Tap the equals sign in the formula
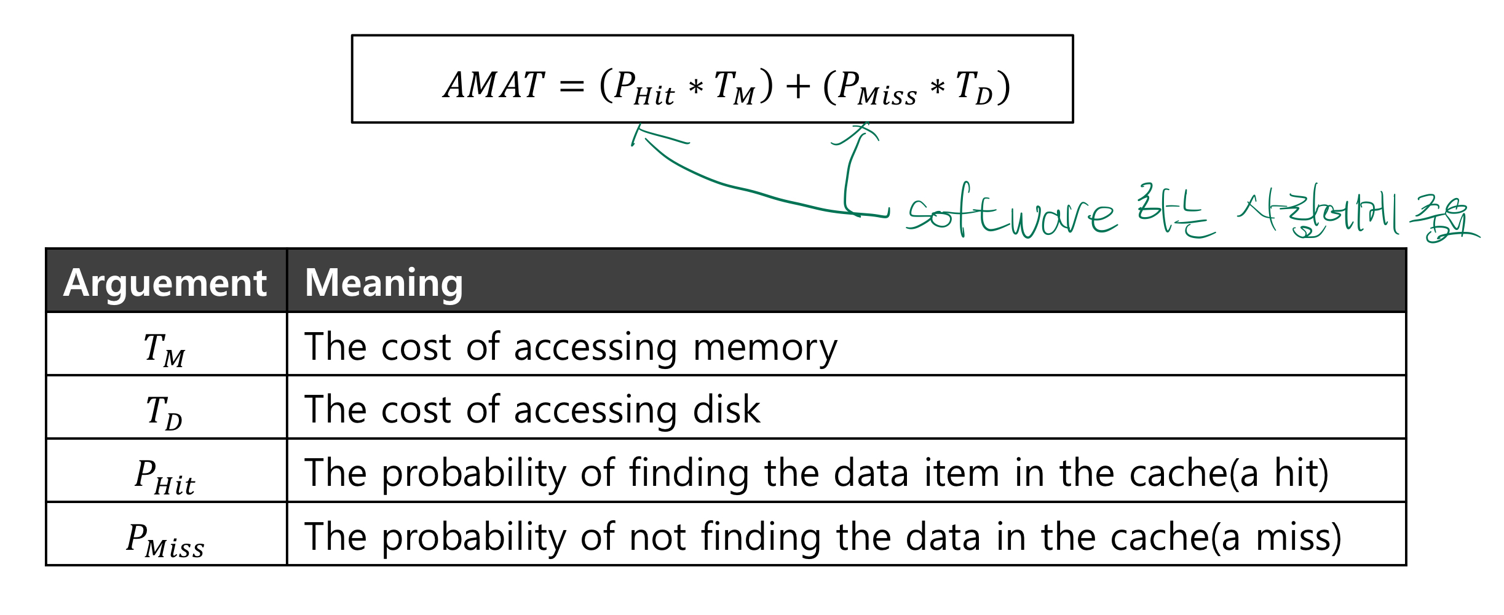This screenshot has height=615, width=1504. (x=571, y=87)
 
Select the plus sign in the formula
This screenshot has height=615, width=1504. (x=798, y=86)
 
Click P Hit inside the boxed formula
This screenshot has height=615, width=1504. (x=643, y=87)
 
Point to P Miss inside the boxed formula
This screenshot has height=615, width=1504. (x=877, y=87)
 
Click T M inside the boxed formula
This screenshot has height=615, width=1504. (x=734, y=87)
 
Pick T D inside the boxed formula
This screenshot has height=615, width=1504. (x=974, y=87)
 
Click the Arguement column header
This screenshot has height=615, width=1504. (x=165, y=283)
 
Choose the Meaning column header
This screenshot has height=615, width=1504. (x=384, y=283)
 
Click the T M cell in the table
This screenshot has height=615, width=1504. (x=165, y=349)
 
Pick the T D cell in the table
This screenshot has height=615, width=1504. (x=165, y=411)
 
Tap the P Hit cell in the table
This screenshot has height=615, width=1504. (x=165, y=476)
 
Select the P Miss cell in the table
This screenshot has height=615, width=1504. (x=165, y=539)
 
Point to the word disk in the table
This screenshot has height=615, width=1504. (x=726, y=410)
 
